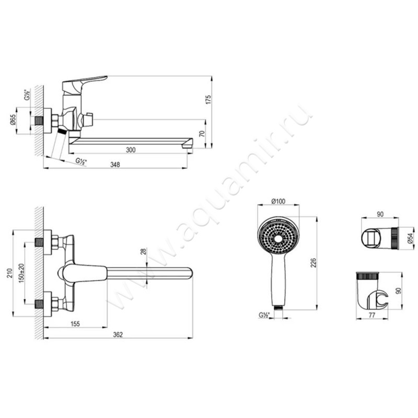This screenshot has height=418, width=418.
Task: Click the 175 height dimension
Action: coord(208,99)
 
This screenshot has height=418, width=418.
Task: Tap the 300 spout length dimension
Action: coord(131,150)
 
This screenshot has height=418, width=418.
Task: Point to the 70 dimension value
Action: coord(208,134)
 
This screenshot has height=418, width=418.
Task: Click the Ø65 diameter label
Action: coord(13,121)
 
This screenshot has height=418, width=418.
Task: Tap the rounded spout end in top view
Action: coord(187,272)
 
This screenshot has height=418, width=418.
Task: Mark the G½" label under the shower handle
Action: coord(263,315)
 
